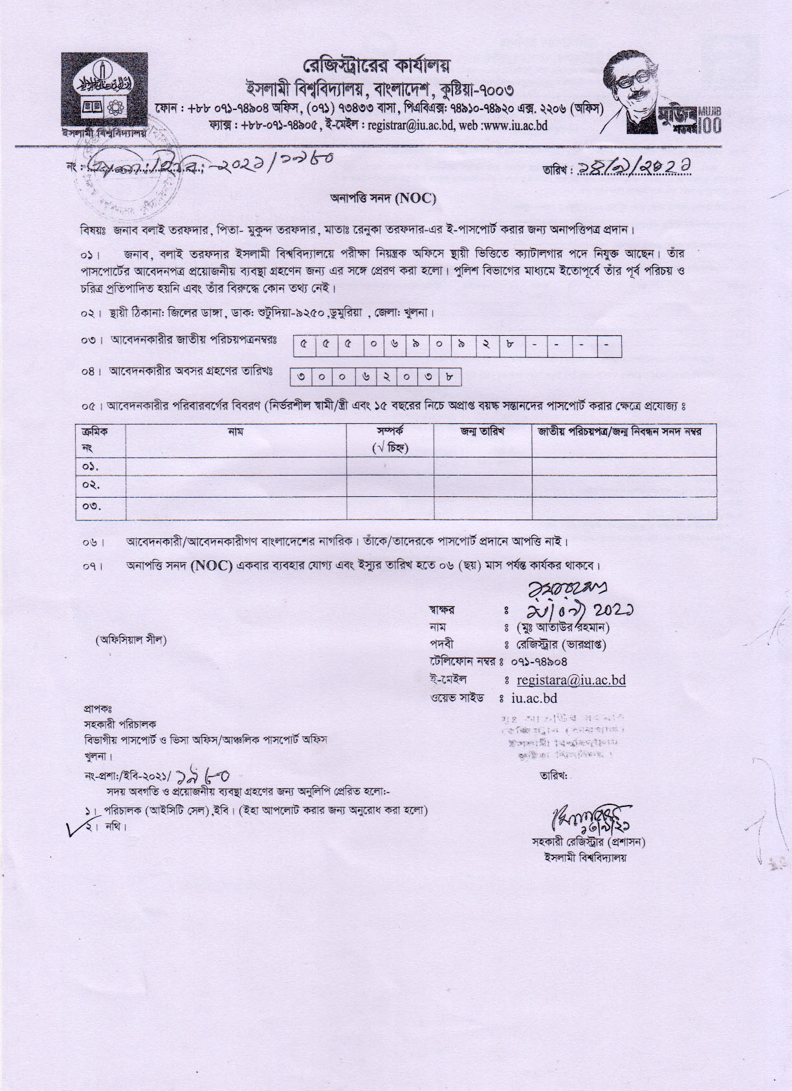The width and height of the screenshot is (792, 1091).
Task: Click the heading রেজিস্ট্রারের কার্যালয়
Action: point(377,66)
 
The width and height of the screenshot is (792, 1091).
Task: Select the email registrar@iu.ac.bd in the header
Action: point(410,126)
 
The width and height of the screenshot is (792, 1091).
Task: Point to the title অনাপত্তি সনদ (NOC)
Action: point(383,199)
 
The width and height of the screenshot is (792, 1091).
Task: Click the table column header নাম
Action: point(236,432)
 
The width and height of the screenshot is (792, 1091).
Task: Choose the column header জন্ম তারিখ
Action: point(482,432)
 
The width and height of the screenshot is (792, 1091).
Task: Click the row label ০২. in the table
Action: point(91,485)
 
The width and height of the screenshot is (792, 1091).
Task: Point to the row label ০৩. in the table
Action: point(91,507)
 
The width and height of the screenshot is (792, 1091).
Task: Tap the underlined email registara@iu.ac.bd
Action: point(571,680)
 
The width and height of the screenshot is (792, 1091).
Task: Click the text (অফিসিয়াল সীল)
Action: point(131,640)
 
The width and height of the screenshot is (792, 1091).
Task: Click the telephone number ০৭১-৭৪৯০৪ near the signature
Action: point(538,662)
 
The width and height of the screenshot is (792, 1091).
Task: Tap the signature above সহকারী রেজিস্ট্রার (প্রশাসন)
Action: point(589,819)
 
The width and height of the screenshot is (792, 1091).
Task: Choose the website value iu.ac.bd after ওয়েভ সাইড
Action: point(534,698)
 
